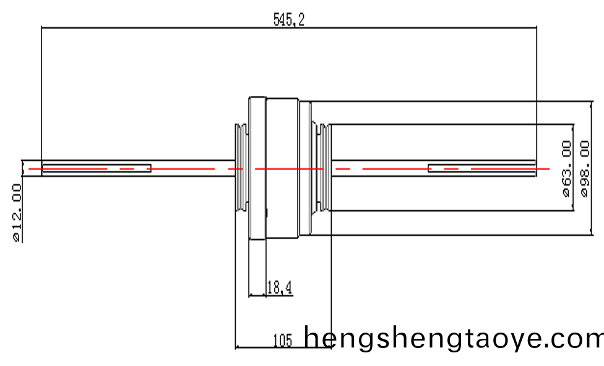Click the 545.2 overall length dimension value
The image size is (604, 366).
coord(289,20)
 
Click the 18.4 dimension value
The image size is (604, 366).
coord(278,287)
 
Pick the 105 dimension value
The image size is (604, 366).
coord(282,339)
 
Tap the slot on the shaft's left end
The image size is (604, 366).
coord(96,169)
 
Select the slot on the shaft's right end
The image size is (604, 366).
coord(482,168)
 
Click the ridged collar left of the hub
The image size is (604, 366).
coord(240,168)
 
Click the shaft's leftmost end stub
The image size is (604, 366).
coord(32,168)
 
